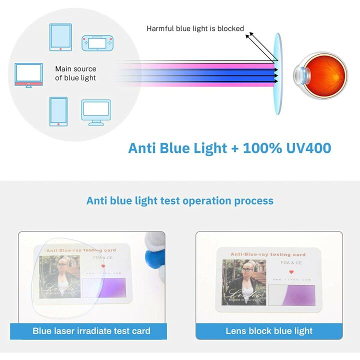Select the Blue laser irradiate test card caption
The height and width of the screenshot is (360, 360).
click(x=91, y=330)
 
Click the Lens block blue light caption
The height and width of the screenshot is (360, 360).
click(x=269, y=330)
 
